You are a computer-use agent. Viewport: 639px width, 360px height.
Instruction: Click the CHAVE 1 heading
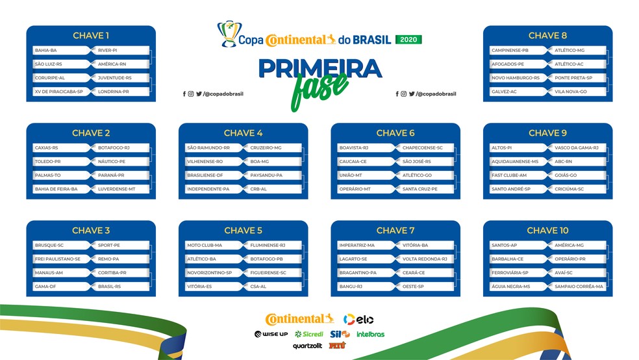91,36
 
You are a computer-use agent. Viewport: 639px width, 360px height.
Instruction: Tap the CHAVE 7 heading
395,230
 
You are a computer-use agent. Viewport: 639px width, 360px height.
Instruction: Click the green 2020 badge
408,40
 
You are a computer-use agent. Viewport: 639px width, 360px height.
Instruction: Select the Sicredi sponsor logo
309,334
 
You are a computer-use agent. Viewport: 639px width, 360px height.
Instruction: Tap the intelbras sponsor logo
370,335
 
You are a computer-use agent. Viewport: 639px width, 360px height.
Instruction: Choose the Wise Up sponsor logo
271,334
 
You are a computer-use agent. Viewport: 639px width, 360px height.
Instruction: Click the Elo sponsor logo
358,319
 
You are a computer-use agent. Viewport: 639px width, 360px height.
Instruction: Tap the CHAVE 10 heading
547,230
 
